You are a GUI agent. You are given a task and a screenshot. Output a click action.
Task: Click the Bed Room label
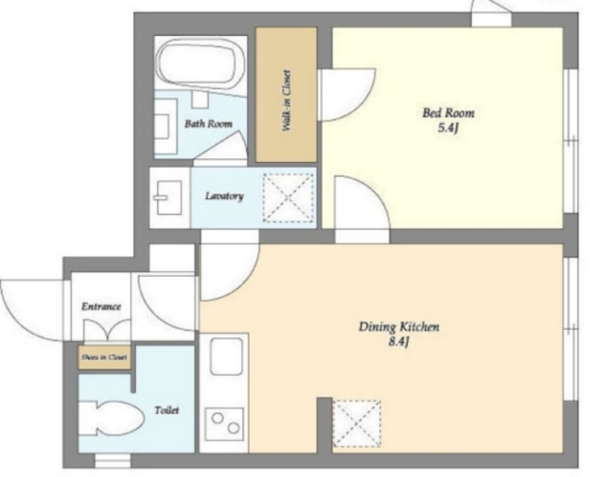[448, 113]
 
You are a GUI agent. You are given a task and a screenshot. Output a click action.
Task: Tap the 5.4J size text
[448, 128]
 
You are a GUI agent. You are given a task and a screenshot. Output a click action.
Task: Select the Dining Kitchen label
[399, 327]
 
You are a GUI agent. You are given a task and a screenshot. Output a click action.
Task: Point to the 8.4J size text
[399, 342]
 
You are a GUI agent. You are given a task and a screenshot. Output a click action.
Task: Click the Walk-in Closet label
[287, 100]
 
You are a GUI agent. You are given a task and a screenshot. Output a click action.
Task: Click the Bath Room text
[208, 123]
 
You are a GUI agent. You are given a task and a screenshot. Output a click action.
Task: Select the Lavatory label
[224, 195]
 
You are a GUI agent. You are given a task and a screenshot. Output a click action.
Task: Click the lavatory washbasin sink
[168, 197]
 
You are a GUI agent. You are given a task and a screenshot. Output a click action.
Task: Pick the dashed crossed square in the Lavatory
[289, 197]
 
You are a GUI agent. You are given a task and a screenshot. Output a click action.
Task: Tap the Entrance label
[101, 307]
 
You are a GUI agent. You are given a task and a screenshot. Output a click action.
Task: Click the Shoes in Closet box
[105, 358]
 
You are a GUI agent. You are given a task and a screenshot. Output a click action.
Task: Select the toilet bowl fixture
[112, 419]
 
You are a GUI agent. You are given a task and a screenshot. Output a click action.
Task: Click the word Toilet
[166, 410]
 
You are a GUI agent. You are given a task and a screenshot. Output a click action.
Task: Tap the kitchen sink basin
[226, 357]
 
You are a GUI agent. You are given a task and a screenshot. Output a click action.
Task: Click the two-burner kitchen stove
[224, 424]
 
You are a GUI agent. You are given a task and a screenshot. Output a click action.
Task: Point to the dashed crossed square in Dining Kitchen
[356, 423]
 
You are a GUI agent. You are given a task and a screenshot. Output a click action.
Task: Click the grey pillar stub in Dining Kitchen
[325, 425]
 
